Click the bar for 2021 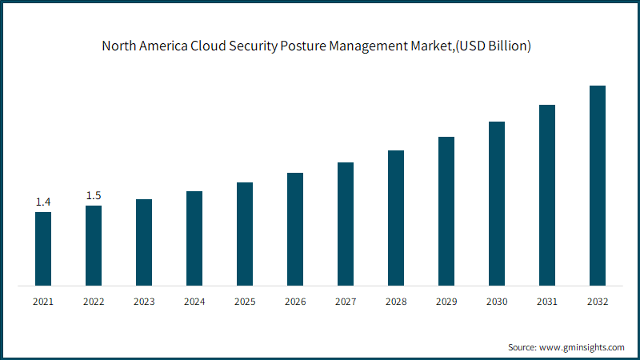pyautogui.click(x=43, y=249)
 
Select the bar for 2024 pyautogui.click(x=194, y=238)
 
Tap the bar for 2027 pyautogui.click(x=346, y=224)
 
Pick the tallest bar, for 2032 pyautogui.click(x=598, y=186)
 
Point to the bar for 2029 pyautogui.click(x=446, y=211)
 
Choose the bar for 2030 pyautogui.click(x=497, y=204)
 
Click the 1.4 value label pyautogui.click(x=43, y=202)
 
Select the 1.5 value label pyautogui.click(x=94, y=195)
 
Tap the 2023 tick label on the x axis pyautogui.click(x=144, y=302)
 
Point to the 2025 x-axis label pyautogui.click(x=245, y=302)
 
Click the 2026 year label pyautogui.click(x=295, y=302)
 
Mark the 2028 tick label pyautogui.click(x=396, y=302)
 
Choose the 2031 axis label pyautogui.click(x=547, y=302)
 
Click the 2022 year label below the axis pyautogui.click(x=94, y=302)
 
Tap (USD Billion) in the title pyautogui.click(x=493, y=46)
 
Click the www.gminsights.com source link pyautogui.click(x=582, y=347)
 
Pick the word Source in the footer pyautogui.click(x=522, y=347)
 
